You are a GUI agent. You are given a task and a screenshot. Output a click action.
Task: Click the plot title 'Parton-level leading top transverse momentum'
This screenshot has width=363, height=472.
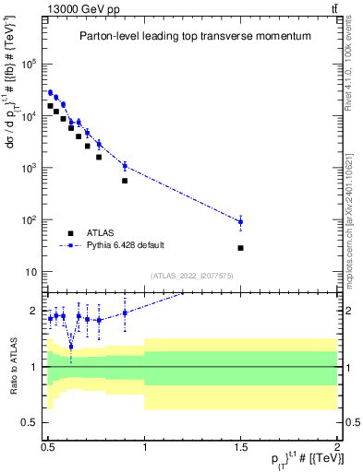pyautogui.click(x=192, y=36)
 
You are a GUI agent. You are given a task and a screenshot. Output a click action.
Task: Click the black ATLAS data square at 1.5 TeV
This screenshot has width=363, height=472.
pyautogui.click(x=240, y=248)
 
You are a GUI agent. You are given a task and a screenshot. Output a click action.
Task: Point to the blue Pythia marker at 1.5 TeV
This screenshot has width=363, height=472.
pyautogui.click(x=240, y=222)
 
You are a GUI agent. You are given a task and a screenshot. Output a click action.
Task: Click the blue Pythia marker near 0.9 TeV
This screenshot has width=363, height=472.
pyautogui.click(x=125, y=166)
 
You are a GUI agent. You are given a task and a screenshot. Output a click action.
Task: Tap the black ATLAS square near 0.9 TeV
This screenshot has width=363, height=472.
pyautogui.click(x=125, y=181)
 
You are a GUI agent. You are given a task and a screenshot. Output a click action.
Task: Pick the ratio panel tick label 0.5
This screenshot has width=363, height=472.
pyautogui.click(x=30, y=423)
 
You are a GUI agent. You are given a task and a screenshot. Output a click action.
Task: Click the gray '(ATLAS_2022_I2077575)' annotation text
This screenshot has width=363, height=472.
pyautogui.click(x=192, y=276)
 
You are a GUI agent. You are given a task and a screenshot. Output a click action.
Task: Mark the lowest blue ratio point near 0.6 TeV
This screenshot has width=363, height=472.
pyautogui.click(x=71, y=347)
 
